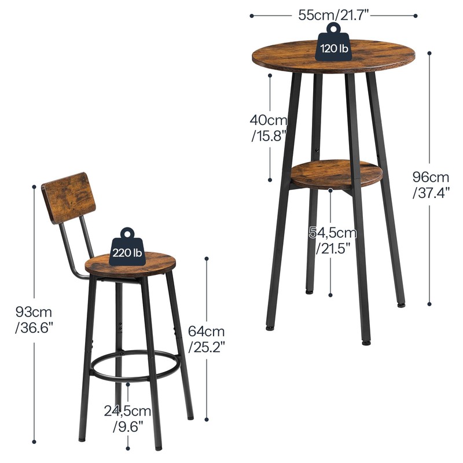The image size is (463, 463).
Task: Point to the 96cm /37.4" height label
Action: point(431,185)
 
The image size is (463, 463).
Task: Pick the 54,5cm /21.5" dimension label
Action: point(333,241)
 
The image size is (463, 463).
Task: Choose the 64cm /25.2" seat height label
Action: point(207,339)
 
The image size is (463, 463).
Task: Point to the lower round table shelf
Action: point(336,174)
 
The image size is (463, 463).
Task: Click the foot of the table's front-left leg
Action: point(270,328)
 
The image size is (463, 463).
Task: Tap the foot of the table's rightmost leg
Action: point(401,304)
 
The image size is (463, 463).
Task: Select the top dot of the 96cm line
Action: point(430,54)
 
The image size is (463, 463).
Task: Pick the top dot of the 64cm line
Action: point(207,259)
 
